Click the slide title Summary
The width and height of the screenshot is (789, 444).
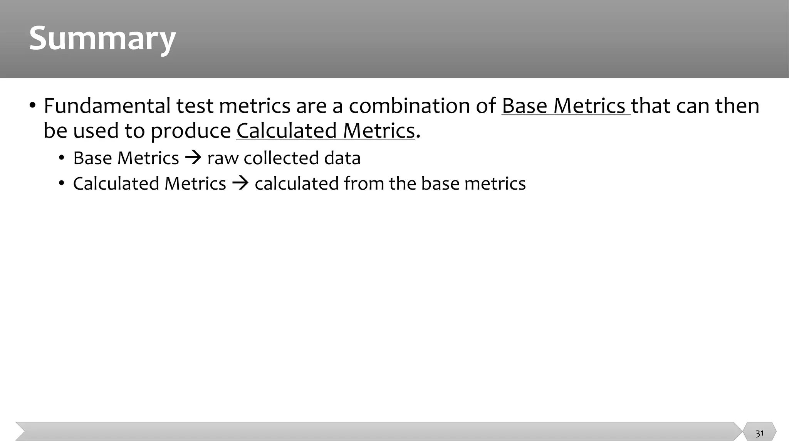102,39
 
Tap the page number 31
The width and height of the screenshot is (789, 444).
759,434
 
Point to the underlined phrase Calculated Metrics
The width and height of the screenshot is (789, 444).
326,130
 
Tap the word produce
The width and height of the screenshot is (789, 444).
190,131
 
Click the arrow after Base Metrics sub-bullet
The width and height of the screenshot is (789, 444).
193,158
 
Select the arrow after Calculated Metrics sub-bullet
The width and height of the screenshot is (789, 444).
240,183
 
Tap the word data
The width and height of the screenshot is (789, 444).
342,158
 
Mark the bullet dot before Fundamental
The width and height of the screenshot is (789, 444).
32,105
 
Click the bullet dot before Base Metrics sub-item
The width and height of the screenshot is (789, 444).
62,158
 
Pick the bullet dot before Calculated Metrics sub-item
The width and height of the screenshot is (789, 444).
62,183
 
